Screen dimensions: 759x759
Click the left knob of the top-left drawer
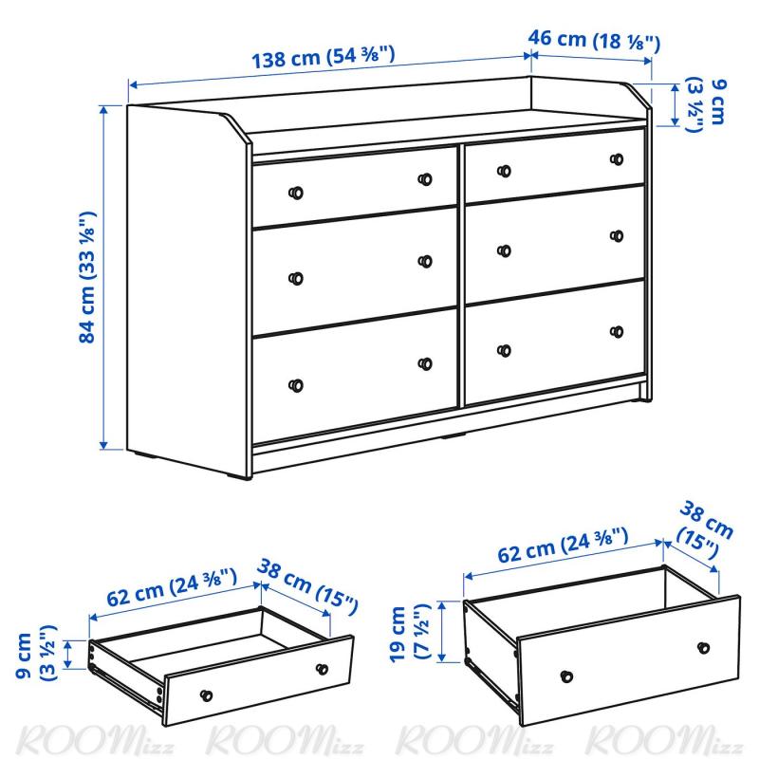(296, 193)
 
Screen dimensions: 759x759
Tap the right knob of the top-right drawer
(617, 159)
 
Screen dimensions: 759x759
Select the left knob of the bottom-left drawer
(296, 385)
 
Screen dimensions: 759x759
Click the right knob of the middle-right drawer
(617, 235)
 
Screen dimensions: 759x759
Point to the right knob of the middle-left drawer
(425, 262)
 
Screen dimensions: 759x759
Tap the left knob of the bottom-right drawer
(504, 350)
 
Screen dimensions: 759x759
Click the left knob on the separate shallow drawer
(206, 695)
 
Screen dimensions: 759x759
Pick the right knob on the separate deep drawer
(703, 648)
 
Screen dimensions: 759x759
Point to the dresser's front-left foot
(239, 477)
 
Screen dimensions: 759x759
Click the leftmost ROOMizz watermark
(94, 740)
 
